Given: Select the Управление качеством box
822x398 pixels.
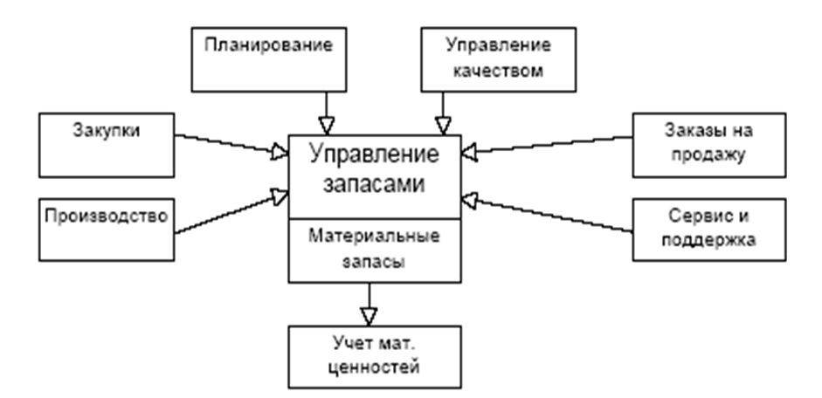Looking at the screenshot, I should point(496,58).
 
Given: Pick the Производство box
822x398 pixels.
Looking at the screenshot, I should point(107,227).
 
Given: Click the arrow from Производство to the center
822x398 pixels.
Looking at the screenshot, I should point(231,209).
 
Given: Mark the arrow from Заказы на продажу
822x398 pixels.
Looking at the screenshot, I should point(550,145).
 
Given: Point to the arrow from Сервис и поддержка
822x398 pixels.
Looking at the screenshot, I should point(550,213).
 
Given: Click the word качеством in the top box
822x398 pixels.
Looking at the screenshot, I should point(496,72).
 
